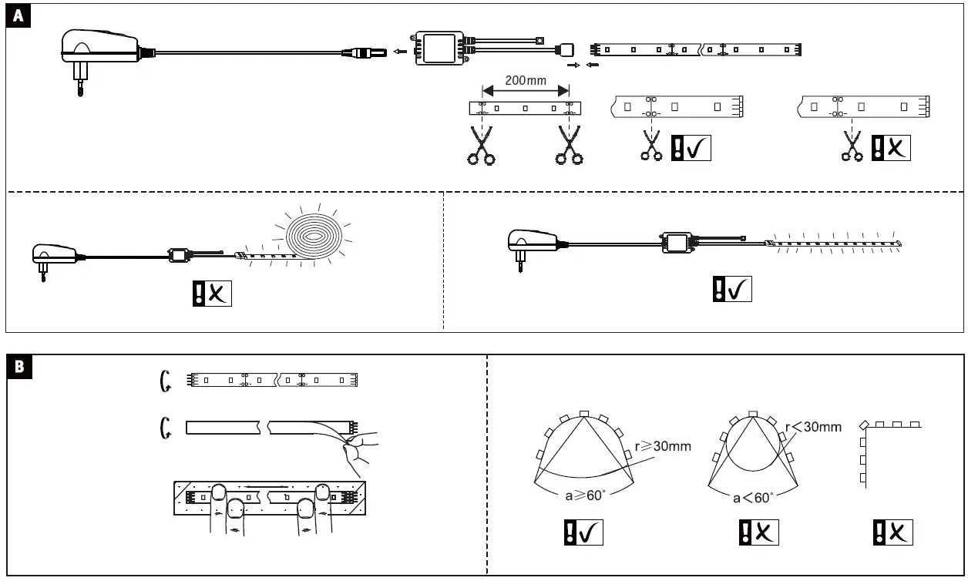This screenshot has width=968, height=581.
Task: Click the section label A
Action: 18,18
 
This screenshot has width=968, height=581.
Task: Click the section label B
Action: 18,368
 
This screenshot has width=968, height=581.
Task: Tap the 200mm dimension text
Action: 526,80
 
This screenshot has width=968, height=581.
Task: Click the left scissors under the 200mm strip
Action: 481,146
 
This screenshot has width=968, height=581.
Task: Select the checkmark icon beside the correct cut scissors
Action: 691,147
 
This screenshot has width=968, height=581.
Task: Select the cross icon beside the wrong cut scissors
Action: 891,147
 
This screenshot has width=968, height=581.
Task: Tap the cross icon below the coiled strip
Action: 212,294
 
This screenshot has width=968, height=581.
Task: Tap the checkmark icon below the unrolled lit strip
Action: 731,288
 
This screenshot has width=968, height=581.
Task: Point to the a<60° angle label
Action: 753,498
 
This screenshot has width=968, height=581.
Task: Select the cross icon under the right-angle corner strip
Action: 892,532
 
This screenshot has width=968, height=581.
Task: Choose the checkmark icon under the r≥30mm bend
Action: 583,532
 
